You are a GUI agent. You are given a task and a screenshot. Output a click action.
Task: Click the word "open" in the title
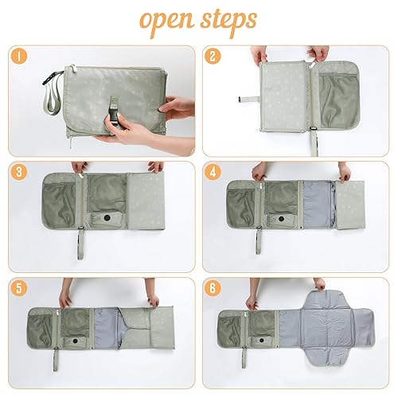(163, 20)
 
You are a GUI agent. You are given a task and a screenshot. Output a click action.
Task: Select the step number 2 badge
(213, 57)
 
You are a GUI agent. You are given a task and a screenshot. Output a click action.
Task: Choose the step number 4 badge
(213, 172)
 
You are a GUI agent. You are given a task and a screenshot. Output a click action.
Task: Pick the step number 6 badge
(213, 287)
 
